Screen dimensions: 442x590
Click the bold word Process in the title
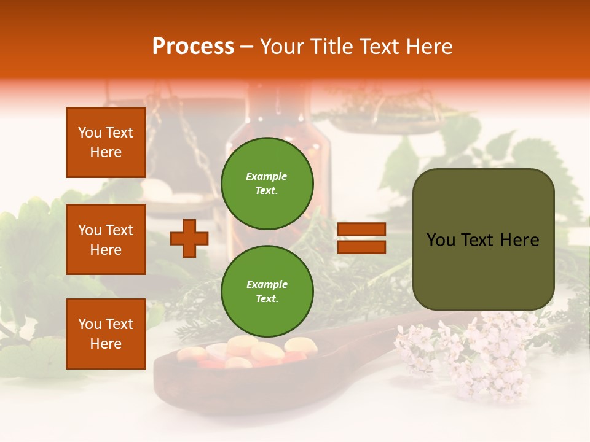point(193,47)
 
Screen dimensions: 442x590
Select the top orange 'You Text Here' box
point(106,142)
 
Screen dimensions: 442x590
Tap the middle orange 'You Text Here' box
point(106,239)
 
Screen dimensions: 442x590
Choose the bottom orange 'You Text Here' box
point(106,333)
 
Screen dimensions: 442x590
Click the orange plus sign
point(189,238)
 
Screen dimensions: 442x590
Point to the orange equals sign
point(361,238)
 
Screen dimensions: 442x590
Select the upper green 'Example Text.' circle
point(267,183)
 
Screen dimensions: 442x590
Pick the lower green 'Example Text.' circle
point(267,291)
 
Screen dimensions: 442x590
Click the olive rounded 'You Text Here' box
point(483,239)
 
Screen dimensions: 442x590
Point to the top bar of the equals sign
point(361,230)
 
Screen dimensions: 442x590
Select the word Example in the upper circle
point(267,176)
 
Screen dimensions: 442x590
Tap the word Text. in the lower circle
point(267,298)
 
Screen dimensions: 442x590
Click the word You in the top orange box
point(89,133)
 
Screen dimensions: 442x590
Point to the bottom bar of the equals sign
point(361,247)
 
